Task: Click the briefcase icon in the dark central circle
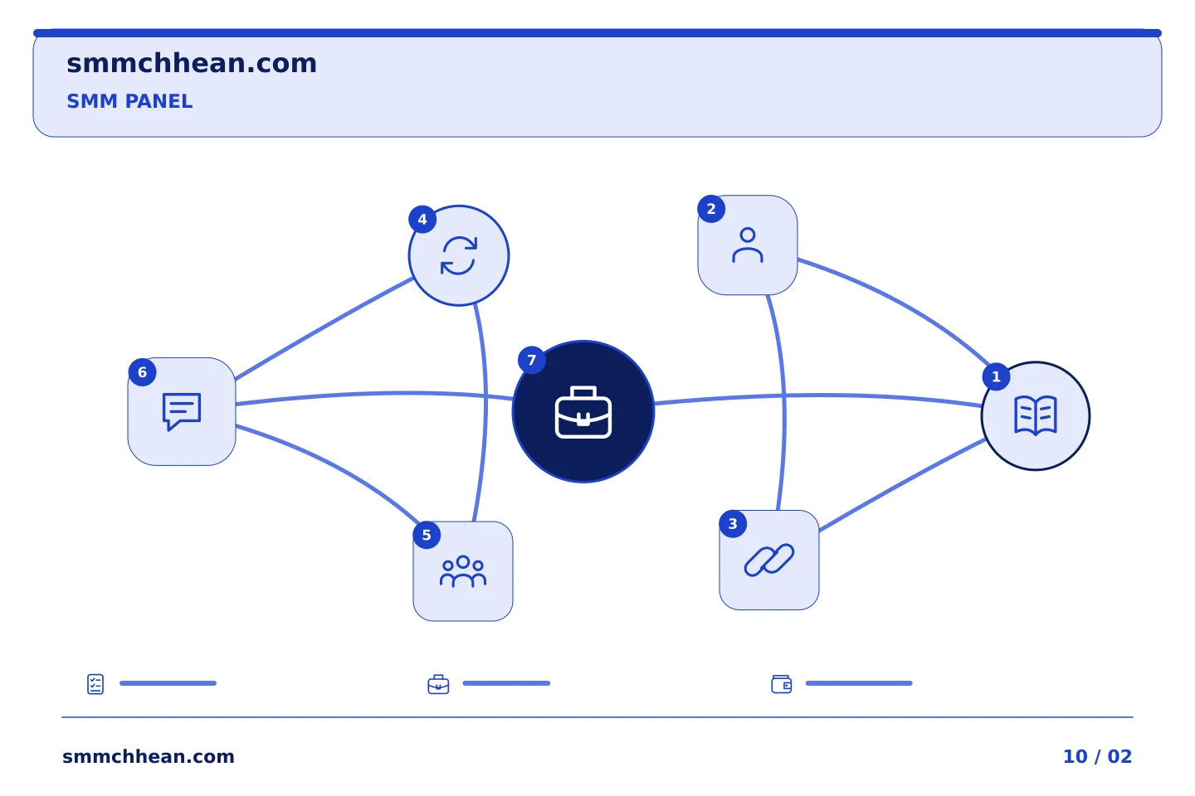[x=583, y=412]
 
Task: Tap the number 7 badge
[x=531, y=360]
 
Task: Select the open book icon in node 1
[x=1035, y=415]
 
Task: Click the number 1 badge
[x=996, y=376]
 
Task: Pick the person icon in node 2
[x=748, y=245]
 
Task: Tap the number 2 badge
[x=710, y=209]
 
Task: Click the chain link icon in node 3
[x=768, y=560]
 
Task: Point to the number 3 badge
[x=733, y=523]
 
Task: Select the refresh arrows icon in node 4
[x=458, y=255]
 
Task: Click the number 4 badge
[x=422, y=219]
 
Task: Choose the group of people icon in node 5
[x=462, y=571]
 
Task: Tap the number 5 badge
[x=427, y=535]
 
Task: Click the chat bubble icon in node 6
[x=182, y=411]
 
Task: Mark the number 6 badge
[x=142, y=372]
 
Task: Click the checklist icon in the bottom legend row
[x=95, y=684]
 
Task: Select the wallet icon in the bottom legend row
[x=782, y=684]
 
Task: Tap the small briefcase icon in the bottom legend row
[x=438, y=684]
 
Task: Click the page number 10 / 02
[x=1097, y=756]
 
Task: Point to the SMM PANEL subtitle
[x=129, y=101]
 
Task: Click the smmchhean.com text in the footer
[x=149, y=756]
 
